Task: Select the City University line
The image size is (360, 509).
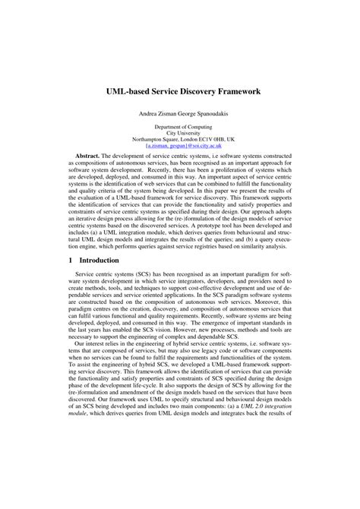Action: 180,134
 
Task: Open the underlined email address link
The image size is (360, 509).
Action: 180,146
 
